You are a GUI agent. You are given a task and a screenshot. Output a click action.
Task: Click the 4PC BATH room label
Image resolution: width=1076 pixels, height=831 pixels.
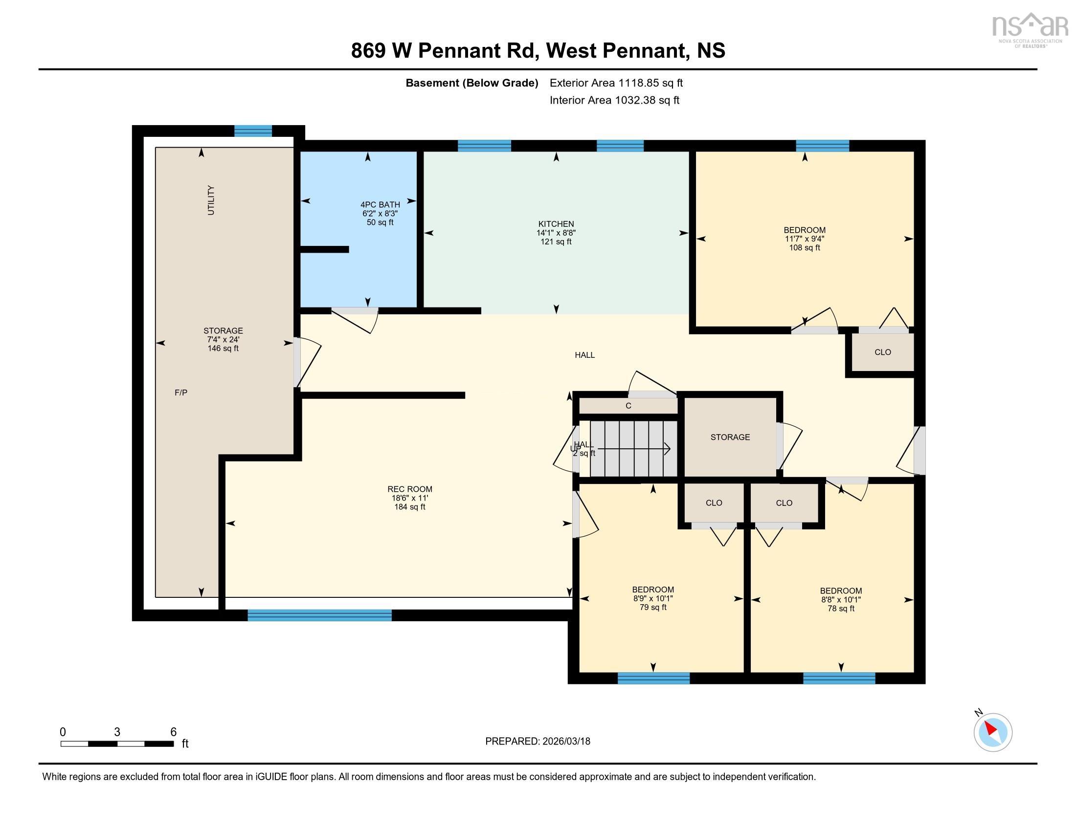(380, 213)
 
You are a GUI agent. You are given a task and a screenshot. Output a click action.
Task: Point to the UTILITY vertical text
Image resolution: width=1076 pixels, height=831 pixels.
(211, 200)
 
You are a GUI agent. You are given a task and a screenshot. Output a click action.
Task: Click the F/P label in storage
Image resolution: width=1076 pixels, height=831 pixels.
(181, 393)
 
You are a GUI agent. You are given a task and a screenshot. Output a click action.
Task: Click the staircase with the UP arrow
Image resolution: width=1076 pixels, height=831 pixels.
(633, 449)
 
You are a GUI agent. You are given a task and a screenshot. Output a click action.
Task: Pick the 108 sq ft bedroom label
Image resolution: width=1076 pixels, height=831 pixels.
(804, 239)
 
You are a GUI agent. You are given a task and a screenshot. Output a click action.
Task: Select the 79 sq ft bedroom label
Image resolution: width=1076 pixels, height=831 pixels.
(653, 598)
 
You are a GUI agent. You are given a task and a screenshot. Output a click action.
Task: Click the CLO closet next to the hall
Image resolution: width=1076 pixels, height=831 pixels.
(882, 352)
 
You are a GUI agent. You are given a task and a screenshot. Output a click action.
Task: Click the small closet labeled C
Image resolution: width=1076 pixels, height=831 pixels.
(628, 406)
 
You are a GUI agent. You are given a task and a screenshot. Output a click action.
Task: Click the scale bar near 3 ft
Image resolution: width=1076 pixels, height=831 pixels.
(117, 744)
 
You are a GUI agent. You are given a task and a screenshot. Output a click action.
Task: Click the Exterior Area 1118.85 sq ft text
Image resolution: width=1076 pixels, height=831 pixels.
(616, 83)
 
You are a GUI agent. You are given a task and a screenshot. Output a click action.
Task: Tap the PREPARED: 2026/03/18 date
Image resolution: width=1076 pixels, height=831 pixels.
(538, 742)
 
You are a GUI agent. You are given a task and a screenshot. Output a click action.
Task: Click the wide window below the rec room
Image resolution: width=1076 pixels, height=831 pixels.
(319, 615)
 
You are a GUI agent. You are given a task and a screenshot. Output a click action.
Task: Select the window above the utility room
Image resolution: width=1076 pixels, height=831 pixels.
(253, 131)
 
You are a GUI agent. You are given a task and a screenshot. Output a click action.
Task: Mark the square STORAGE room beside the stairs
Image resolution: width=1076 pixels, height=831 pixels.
(730, 437)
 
